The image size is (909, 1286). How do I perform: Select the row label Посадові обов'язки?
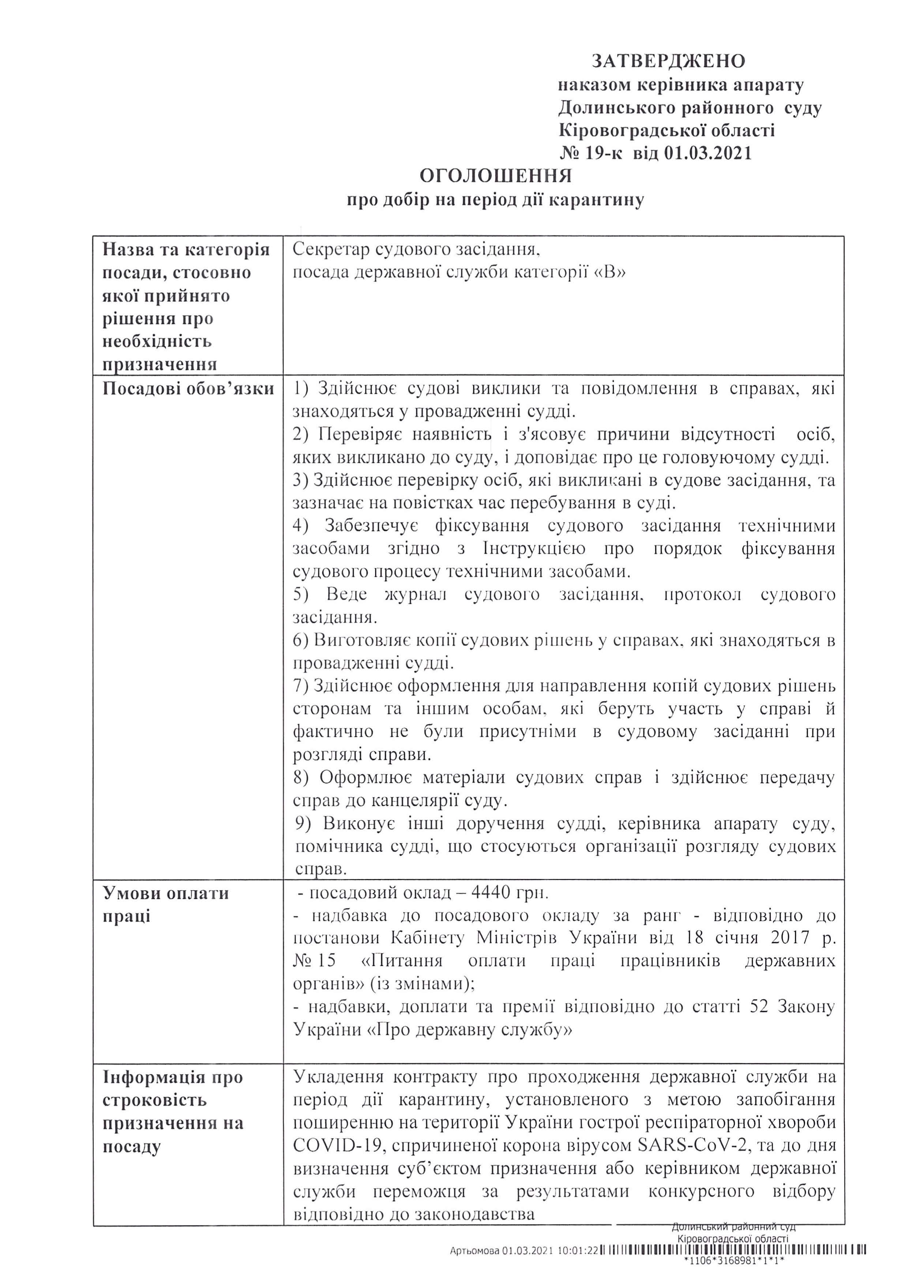188,389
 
